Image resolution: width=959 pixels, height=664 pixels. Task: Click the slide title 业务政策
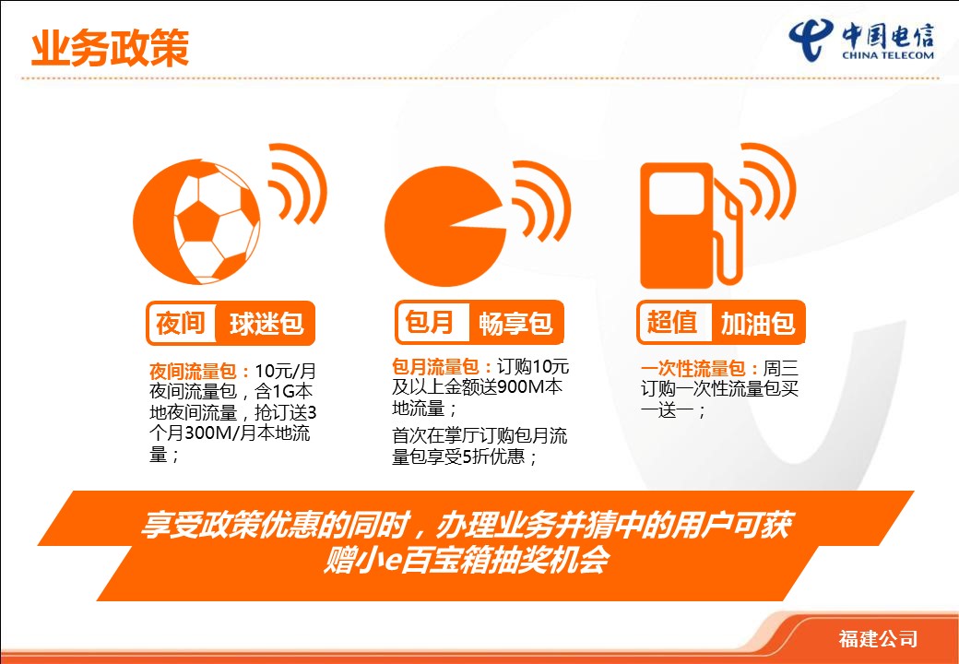point(110,48)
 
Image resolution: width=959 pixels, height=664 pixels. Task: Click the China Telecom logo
point(861,40)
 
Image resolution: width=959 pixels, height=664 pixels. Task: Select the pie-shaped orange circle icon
point(445,226)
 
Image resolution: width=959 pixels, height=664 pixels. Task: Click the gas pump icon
point(691,225)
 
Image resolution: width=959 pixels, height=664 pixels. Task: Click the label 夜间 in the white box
point(181,323)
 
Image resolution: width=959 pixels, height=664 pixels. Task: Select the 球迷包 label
point(266,324)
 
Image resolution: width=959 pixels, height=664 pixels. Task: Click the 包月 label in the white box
point(430,322)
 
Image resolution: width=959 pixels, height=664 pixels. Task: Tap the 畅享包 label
point(515,324)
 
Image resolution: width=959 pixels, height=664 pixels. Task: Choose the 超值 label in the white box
point(672,322)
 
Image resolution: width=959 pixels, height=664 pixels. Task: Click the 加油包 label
point(758,324)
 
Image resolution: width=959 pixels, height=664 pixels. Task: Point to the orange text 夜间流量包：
point(201,371)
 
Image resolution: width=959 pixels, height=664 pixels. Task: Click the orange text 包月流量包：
point(444,367)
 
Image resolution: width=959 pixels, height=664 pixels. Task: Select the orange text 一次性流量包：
point(701,369)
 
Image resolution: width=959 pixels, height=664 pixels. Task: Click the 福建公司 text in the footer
point(878,639)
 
